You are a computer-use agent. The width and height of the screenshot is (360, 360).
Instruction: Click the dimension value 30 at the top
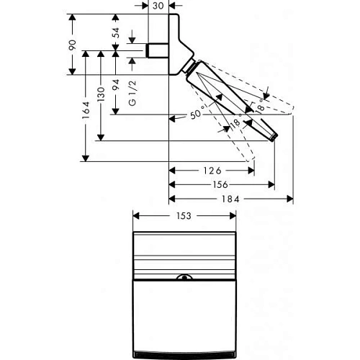[x=158, y=6]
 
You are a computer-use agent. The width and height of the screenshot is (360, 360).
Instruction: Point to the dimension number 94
[x=116, y=83]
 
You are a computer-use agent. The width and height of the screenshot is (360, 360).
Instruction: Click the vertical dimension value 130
[x=102, y=94]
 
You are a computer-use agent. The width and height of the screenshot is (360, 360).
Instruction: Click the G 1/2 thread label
[x=132, y=93]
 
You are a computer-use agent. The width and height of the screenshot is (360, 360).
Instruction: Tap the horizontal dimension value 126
[x=212, y=171]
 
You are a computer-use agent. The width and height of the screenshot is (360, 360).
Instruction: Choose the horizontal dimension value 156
[x=221, y=184]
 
